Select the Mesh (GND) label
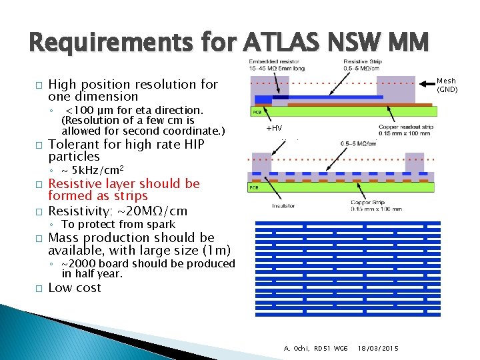pos(446,85)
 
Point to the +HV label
pos(274,127)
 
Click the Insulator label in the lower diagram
pos(283,206)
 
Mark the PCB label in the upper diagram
pos(257,111)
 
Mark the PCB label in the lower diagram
pos(254,188)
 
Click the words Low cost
pos(75,287)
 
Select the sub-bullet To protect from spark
pos(118,224)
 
